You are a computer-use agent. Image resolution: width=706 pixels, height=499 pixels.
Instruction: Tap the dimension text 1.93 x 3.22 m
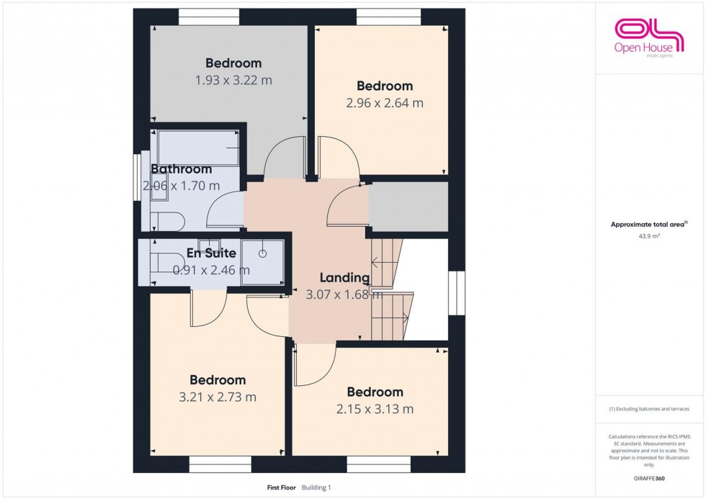coord(233,81)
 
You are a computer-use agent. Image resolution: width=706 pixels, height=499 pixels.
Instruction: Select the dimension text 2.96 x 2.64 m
coord(385,103)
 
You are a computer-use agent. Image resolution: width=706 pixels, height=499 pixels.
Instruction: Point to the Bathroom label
coord(181,169)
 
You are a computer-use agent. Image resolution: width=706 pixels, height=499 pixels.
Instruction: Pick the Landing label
coord(344,278)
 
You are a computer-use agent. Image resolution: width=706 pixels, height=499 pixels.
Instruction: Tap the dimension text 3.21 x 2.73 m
coord(218,397)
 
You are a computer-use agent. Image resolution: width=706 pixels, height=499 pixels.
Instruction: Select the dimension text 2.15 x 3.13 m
coord(375,409)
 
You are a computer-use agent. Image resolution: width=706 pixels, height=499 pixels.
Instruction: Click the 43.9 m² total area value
coord(649,235)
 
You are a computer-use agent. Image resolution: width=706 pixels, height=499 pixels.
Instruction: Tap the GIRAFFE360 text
coord(649,478)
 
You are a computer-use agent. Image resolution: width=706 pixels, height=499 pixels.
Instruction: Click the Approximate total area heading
coord(649,224)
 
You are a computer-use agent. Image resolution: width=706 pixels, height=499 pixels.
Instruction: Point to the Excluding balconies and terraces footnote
coord(649,409)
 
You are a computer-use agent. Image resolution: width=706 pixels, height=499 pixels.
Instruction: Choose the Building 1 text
coord(316,487)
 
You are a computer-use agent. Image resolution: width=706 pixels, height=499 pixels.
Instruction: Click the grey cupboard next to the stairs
coord(408,207)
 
